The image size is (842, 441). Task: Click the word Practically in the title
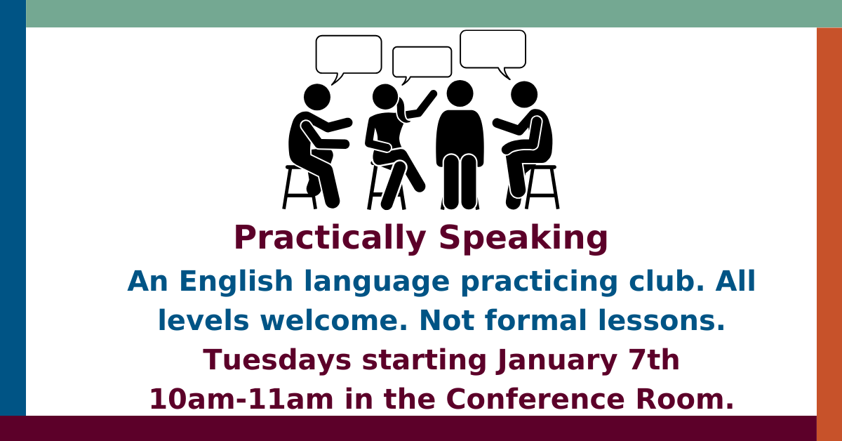[x=330, y=238]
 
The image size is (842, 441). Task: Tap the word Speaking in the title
[x=523, y=238]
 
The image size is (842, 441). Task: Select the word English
[x=236, y=282]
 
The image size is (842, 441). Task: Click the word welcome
[x=334, y=320]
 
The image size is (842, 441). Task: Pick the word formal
[x=535, y=320]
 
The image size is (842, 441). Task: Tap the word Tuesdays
[x=277, y=360]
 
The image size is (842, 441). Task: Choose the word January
[x=556, y=360]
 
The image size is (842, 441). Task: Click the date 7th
[x=654, y=360]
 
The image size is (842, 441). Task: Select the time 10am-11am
[x=241, y=399]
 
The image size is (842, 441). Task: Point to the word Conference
[x=535, y=399]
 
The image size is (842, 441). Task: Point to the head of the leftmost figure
[x=317, y=97]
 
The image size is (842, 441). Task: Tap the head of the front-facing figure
[x=460, y=93]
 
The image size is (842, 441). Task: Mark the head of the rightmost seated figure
[x=524, y=94]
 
